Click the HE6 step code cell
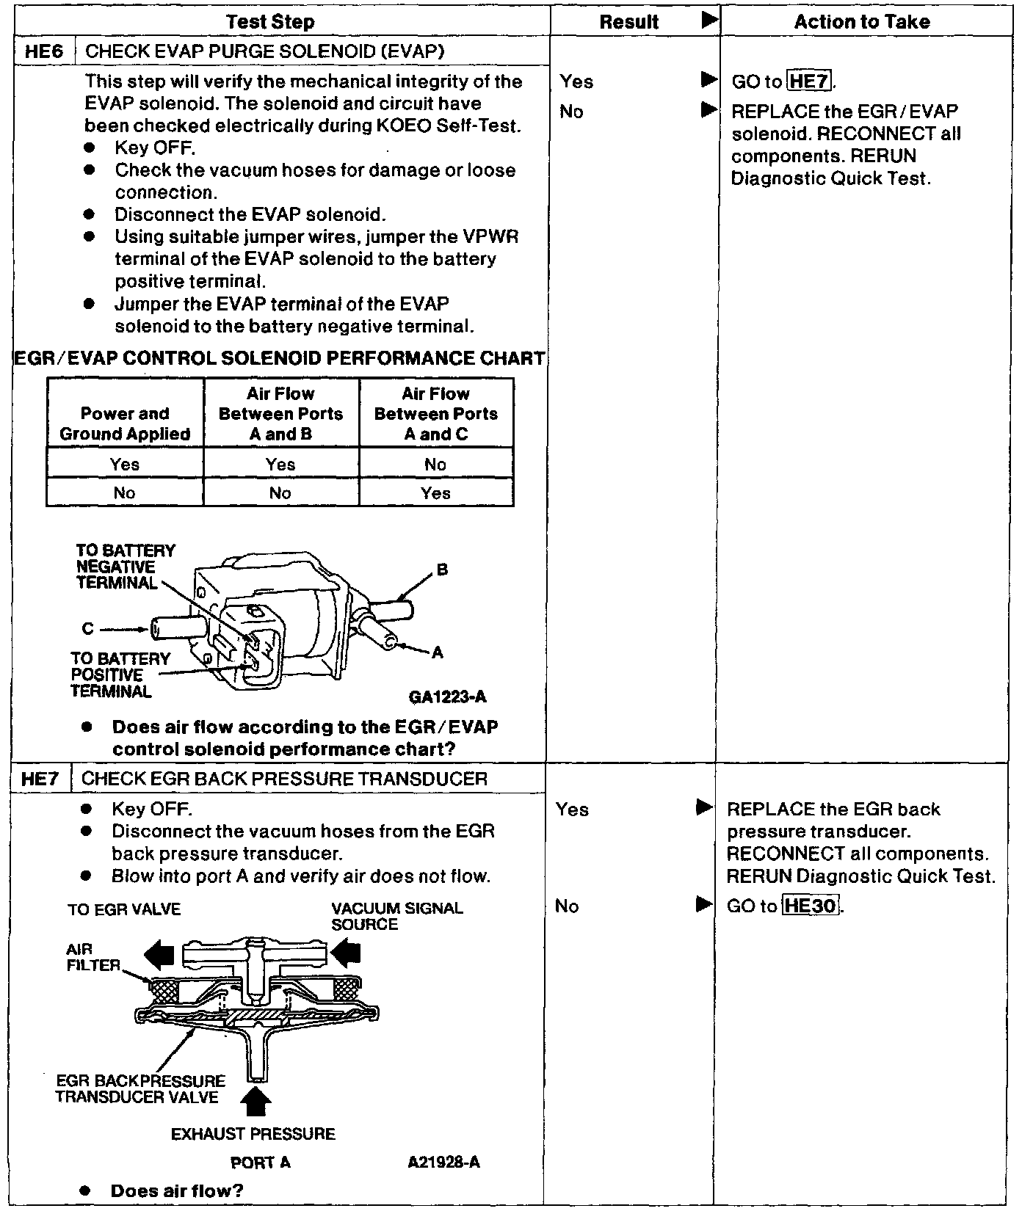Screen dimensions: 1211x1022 (43, 51)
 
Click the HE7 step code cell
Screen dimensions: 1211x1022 (40, 779)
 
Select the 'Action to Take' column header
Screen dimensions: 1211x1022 (862, 22)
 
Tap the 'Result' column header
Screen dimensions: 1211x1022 (628, 22)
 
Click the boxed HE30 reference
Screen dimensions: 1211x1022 (811, 906)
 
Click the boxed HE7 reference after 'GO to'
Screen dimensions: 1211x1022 (808, 81)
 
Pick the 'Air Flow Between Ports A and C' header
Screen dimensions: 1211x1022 (435, 414)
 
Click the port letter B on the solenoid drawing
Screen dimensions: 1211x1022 (442, 570)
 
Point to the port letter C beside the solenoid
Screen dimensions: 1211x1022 (88, 629)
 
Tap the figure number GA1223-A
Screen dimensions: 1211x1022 (447, 697)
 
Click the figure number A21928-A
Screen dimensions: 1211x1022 (443, 1162)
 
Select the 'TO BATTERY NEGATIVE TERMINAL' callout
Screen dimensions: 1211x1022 (126, 567)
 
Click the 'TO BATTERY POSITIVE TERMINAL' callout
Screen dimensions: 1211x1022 (120, 675)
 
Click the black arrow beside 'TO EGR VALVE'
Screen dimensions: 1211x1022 (159, 954)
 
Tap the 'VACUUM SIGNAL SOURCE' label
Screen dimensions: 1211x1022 (396, 916)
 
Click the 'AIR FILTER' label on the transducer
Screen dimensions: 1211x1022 (93, 957)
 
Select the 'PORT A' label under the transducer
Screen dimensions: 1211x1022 (260, 1163)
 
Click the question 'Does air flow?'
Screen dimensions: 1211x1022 (176, 1190)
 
